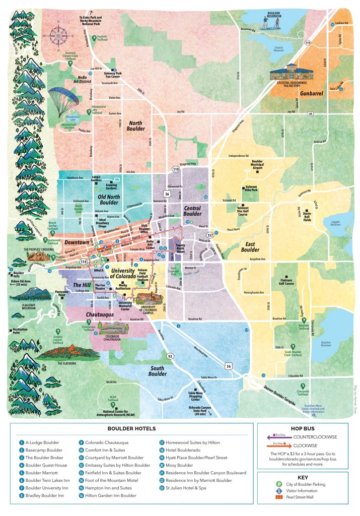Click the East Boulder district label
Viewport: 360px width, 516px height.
tap(250, 246)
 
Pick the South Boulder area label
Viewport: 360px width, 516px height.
tap(158, 371)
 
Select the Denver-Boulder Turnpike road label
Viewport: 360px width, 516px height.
tap(290, 393)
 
